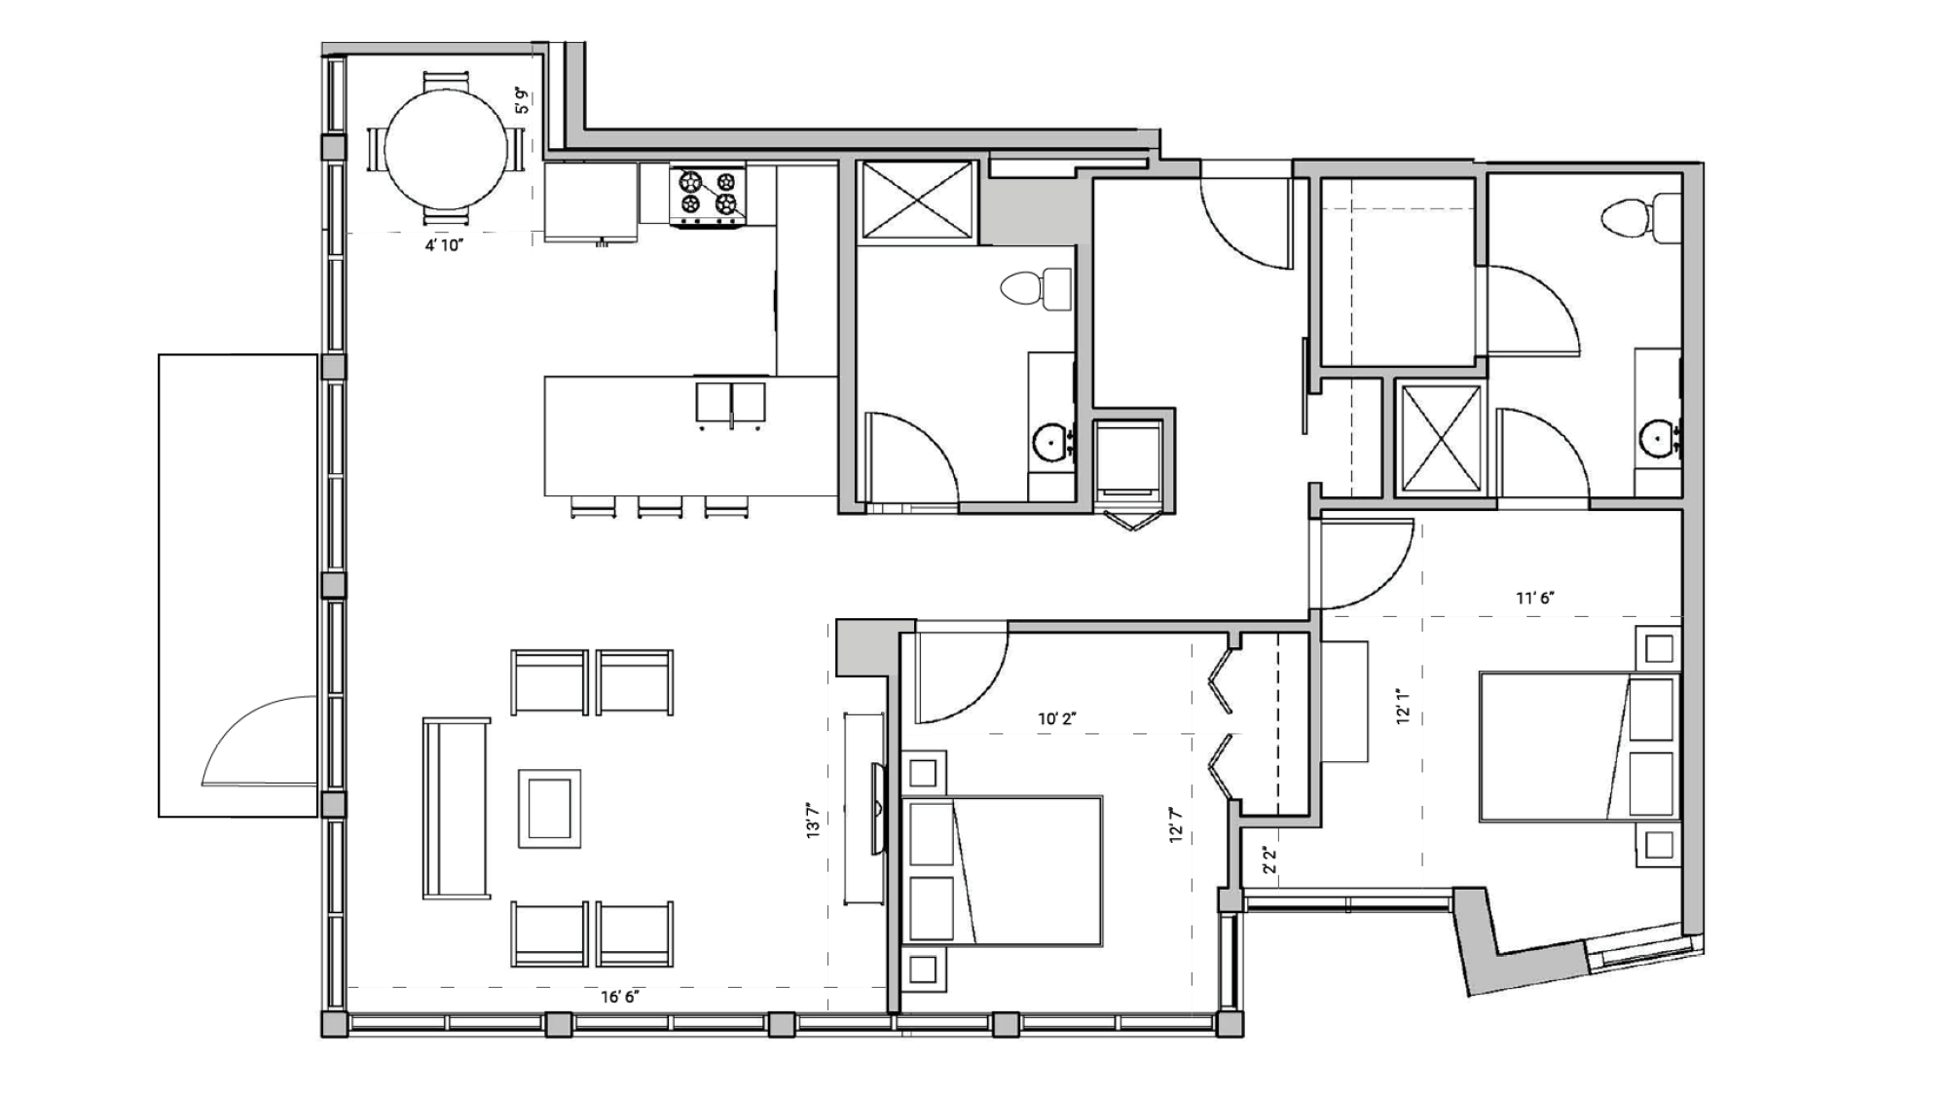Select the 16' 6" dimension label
pos(620,997)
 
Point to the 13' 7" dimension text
pos(814,821)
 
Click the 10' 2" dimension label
pos(1056,719)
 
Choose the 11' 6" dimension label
pos(1534,598)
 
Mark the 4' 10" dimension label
pos(443,245)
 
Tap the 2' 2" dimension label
pos(1268,859)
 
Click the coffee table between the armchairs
pos(549,807)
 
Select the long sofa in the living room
pos(456,808)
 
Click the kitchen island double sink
pos(730,403)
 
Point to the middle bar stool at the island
pos(660,506)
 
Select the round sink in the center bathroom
pos(1050,441)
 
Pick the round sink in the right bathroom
pos(1656,436)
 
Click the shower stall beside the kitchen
pos(917,200)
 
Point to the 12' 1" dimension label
pos(1403,708)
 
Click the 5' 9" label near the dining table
pos(523,101)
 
